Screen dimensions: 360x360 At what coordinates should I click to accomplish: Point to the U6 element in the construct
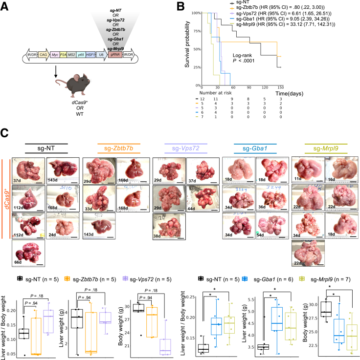pos(101,56)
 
